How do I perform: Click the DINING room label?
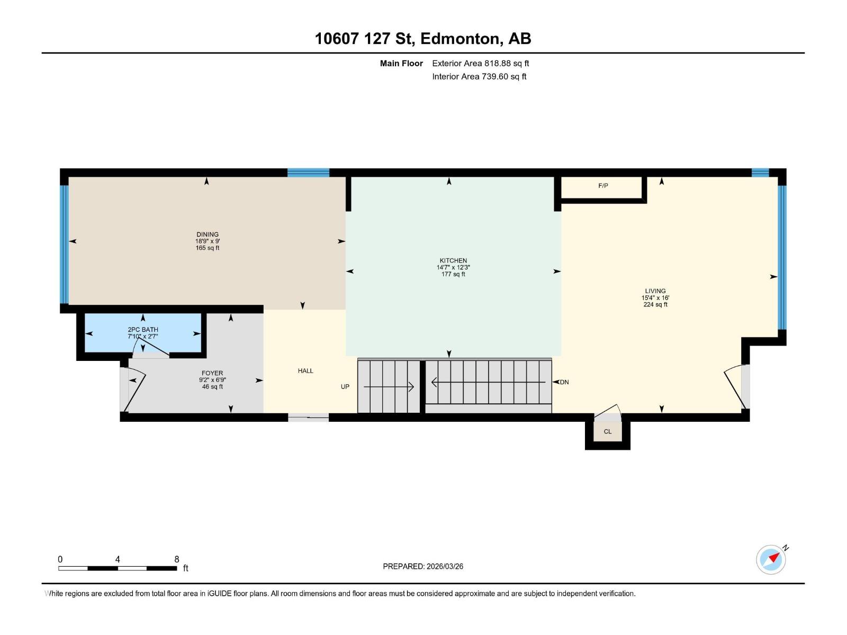coord(207,234)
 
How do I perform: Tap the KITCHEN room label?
coord(453,260)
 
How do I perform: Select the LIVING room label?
coord(655,291)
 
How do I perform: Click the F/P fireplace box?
coord(603,186)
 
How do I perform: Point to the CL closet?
coord(608,431)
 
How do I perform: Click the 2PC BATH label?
coord(143,330)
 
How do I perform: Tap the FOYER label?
coord(212,373)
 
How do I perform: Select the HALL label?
coord(305,371)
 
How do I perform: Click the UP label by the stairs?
coord(345,387)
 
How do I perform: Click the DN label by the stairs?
coord(564,382)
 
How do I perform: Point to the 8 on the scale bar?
coord(177,559)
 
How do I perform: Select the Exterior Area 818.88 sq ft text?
coord(480,63)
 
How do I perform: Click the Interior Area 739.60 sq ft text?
coord(479,77)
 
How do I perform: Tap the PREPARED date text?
coord(423,566)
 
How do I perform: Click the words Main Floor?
coord(401,63)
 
